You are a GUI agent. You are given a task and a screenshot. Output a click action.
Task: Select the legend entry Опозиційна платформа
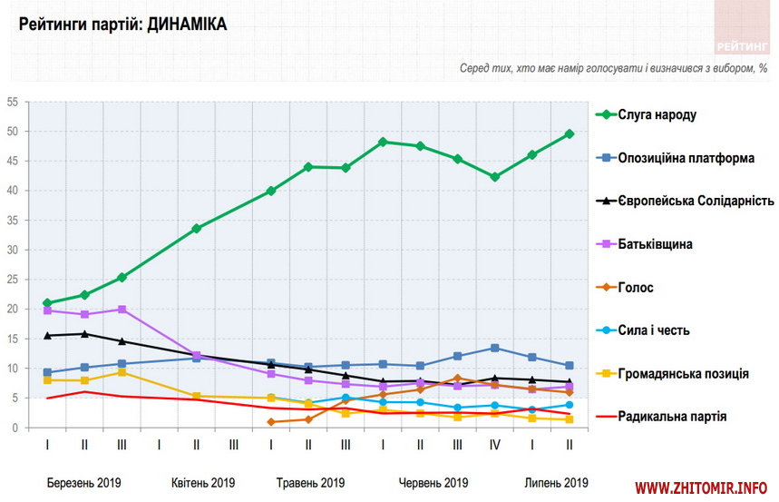686,158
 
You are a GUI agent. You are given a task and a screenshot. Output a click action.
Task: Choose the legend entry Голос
636,287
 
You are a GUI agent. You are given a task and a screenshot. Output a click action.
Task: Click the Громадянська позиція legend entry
683,373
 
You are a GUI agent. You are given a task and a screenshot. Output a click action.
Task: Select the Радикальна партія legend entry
674,417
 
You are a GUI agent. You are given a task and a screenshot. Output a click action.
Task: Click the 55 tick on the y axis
13,103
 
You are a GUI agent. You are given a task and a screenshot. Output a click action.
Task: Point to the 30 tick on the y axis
13,250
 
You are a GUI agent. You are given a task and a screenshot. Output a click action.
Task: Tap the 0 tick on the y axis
15,428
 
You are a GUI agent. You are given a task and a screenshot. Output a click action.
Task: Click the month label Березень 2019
83,482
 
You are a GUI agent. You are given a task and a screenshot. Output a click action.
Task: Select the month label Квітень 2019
203,482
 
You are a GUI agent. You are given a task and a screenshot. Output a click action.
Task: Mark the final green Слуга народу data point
569,133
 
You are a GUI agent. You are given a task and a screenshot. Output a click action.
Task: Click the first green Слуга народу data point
46,303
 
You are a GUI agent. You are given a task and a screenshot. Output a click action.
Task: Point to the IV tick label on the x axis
494,445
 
